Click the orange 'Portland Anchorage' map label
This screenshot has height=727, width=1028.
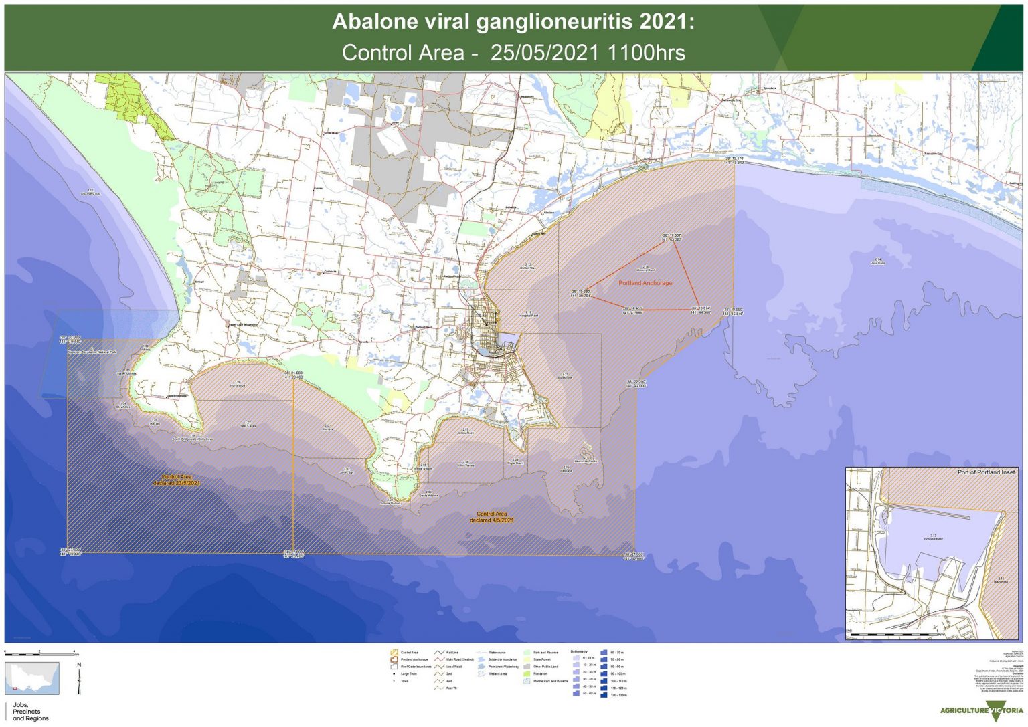645,283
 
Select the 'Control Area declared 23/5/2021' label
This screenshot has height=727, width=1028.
177,480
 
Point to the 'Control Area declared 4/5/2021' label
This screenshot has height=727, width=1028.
492,517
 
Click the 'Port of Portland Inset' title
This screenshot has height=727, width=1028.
986,472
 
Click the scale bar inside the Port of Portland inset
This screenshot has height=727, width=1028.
893,633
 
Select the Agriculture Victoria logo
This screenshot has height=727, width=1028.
982,710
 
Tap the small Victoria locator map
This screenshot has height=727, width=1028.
32,678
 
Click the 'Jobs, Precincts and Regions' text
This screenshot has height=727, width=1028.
30,712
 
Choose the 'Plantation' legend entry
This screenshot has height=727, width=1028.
541,673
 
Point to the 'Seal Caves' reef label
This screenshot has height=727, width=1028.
248,425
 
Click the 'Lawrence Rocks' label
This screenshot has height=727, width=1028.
585,461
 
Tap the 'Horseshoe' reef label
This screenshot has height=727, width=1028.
238,385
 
